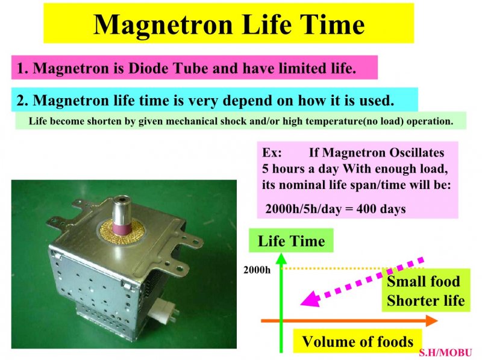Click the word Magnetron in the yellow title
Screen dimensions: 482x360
(163, 25)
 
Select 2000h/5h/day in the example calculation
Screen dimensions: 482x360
(304, 209)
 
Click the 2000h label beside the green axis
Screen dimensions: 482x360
(257, 270)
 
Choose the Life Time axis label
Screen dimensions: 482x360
(291, 241)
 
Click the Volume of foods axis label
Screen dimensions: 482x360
(357, 341)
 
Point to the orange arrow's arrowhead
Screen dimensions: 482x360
(431, 321)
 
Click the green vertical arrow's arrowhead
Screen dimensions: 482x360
(281, 259)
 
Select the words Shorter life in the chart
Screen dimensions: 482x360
(426, 300)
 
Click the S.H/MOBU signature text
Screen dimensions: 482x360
(445, 353)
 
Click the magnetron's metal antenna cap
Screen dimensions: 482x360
(122, 209)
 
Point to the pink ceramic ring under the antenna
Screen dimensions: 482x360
(122, 229)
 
